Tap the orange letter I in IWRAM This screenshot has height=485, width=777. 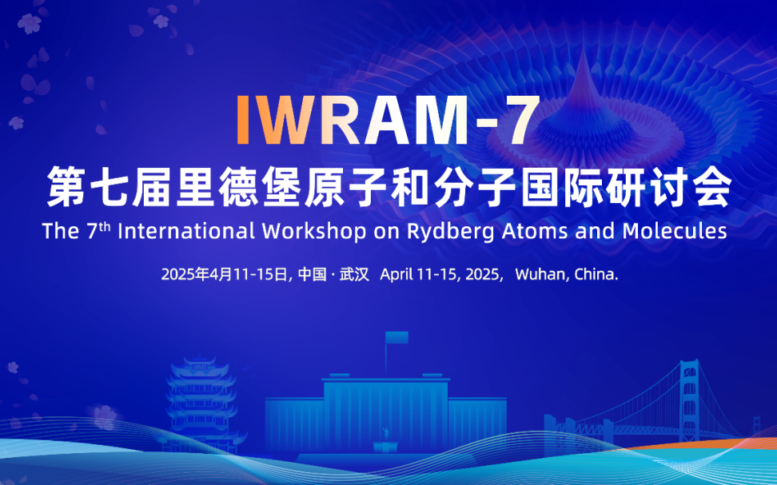tap(243, 120)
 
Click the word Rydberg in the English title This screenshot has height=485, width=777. tap(450, 232)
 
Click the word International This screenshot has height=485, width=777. tap(187, 231)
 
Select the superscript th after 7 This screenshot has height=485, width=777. tap(104, 226)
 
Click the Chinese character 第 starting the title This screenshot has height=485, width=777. tap(66, 187)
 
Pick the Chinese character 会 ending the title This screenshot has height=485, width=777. tap(711, 187)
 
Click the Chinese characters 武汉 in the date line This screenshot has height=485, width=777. tap(354, 274)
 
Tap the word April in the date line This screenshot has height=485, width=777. tap(396, 274)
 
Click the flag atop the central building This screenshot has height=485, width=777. tap(396, 337)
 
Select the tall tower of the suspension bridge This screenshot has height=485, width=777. tap(690, 400)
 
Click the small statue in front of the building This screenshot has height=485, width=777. tap(385, 434)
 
